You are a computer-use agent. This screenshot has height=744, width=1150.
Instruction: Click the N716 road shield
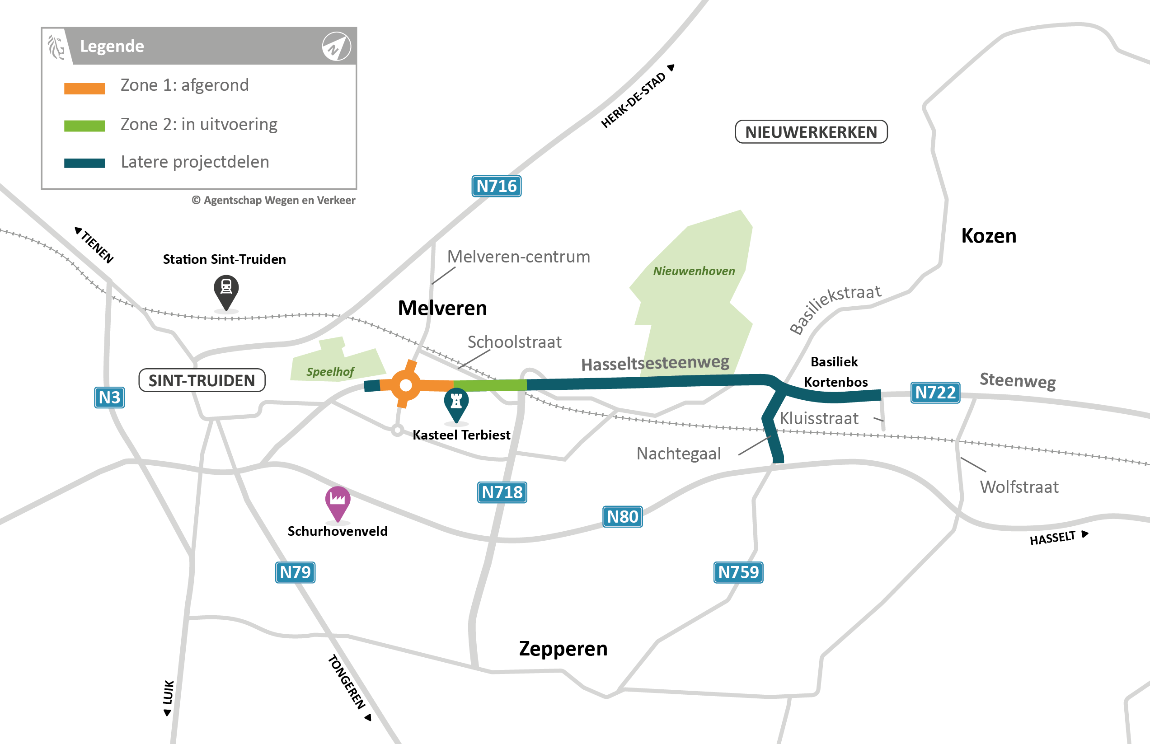(x=496, y=186)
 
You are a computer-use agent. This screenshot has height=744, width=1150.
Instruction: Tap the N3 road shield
(x=109, y=398)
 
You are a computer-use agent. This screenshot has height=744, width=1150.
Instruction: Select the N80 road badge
(x=622, y=517)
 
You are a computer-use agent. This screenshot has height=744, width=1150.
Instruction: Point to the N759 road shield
(x=738, y=572)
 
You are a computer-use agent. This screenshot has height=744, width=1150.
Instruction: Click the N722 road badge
(x=935, y=392)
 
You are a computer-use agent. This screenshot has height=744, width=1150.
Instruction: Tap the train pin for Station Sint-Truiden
(x=226, y=290)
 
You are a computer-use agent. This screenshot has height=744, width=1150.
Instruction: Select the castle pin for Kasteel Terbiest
(x=456, y=403)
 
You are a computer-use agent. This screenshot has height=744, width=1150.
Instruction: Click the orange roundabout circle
(x=406, y=385)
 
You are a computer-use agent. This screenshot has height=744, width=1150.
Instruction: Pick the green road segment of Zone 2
(x=490, y=385)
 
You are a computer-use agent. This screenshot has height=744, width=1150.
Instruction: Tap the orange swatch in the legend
(x=84, y=89)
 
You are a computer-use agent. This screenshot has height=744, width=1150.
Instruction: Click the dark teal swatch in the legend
(x=84, y=163)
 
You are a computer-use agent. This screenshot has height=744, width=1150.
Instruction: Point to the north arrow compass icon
(x=336, y=47)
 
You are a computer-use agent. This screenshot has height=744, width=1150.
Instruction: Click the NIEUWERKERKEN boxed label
(x=811, y=132)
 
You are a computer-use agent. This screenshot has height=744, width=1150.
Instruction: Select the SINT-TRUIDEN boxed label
(x=202, y=380)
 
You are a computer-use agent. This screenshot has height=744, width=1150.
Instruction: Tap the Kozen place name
(x=989, y=236)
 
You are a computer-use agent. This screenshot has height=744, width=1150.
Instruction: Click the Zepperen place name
(x=563, y=648)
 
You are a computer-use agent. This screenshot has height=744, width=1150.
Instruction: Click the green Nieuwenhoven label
(x=694, y=271)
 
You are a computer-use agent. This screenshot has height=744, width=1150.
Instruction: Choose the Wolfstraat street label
(x=1019, y=487)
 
